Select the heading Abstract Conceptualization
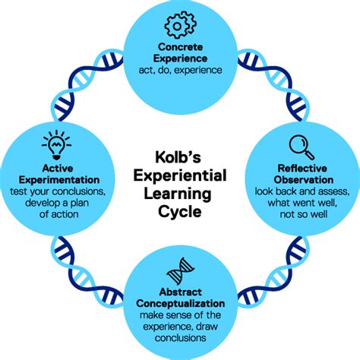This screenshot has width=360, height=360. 180,298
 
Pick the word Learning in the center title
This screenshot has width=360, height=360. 179,195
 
